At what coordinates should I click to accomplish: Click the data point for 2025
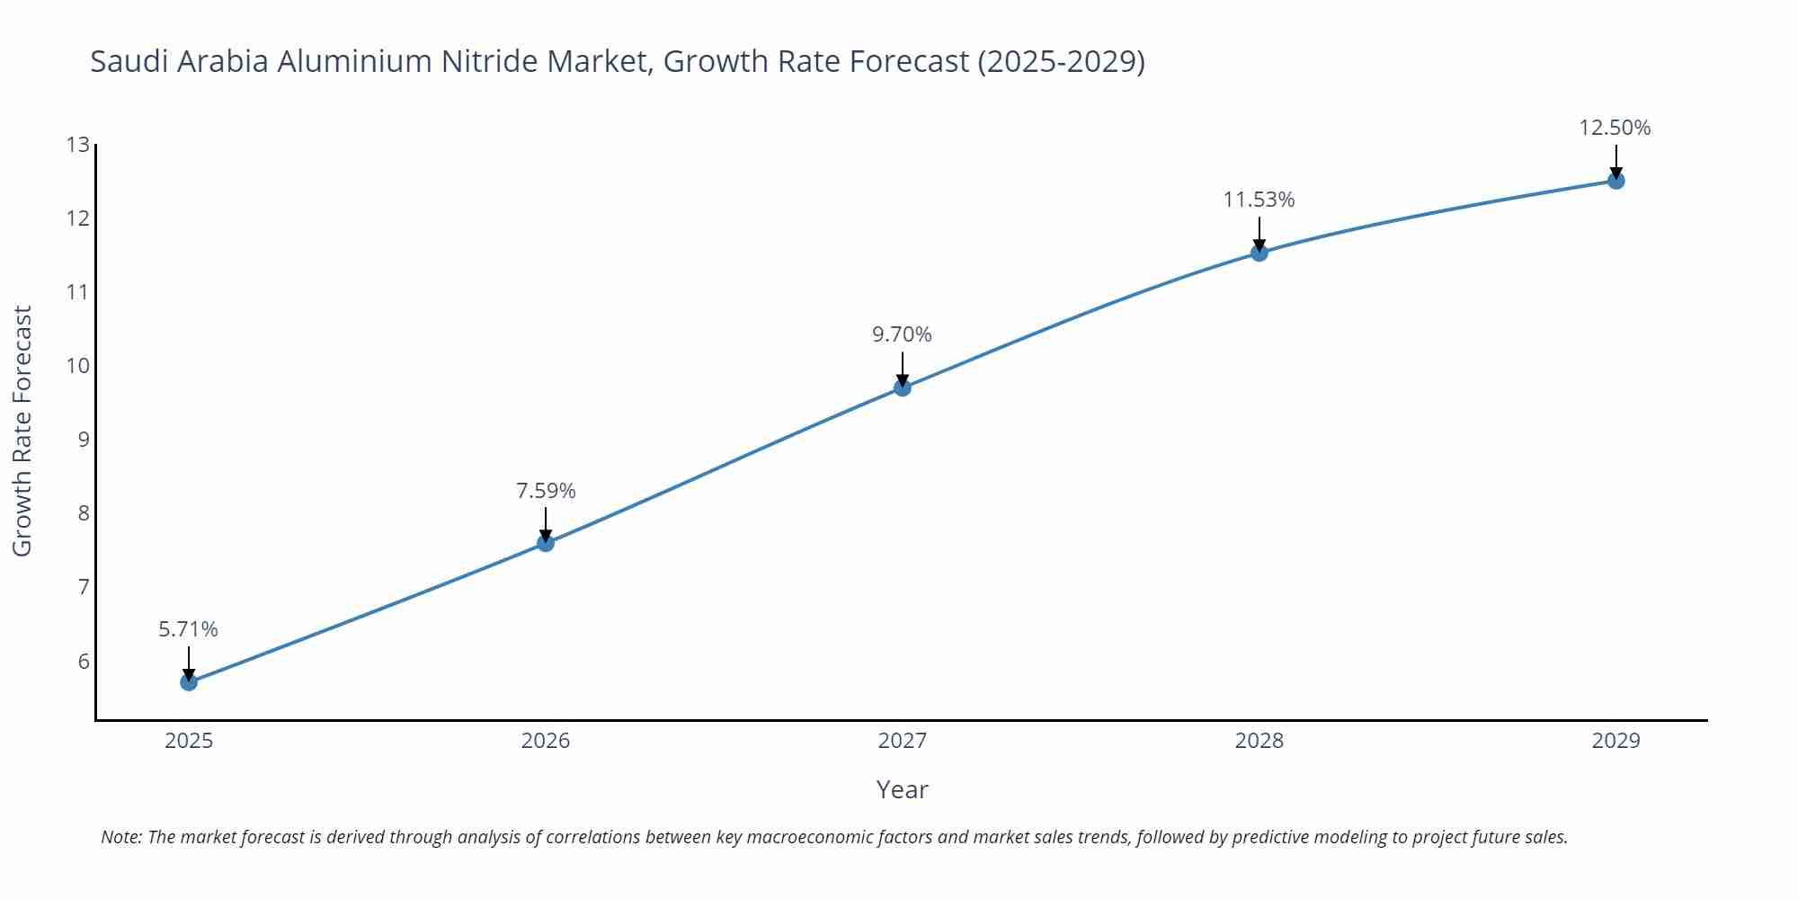(x=189, y=682)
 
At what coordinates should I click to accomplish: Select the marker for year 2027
(x=903, y=387)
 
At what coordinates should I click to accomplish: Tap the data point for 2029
(x=1616, y=181)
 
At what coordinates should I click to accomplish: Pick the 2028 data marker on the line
(x=1259, y=253)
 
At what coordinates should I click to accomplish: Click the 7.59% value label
(x=546, y=491)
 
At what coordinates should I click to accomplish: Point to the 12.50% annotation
(x=1615, y=128)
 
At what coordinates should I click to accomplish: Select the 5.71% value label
(x=189, y=629)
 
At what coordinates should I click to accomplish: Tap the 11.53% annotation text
(x=1259, y=200)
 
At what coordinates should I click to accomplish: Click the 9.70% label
(x=902, y=334)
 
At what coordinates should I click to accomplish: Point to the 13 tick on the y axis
(x=78, y=145)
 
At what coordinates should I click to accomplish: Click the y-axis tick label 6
(x=84, y=661)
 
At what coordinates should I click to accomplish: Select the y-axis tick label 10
(x=78, y=366)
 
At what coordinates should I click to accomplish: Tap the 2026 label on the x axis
(x=546, y=741)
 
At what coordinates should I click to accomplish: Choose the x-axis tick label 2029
(x=1616, y=741)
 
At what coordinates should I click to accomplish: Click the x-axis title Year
(x=902, y=789)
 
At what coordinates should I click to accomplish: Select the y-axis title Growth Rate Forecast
(x=22, y=431)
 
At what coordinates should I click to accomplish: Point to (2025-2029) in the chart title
(x=1061, y=61)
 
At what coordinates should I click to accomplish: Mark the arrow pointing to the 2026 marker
(x=546, y=523)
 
